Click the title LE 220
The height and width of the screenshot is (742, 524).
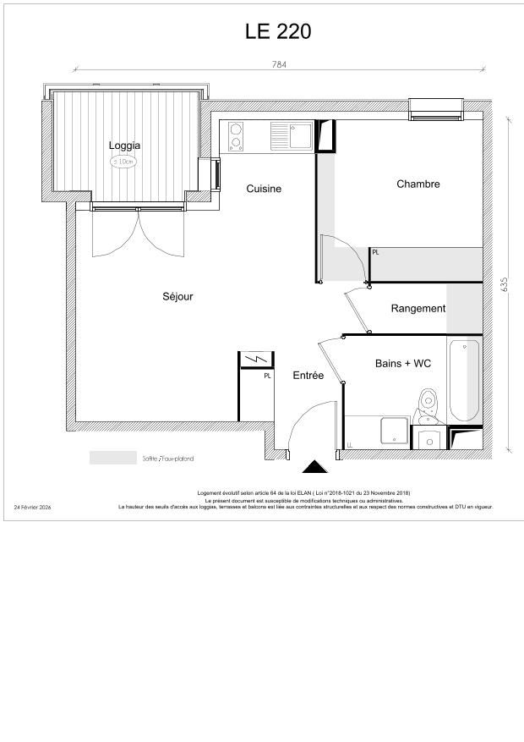278,31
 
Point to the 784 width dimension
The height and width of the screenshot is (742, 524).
278,64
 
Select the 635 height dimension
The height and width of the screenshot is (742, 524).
505,284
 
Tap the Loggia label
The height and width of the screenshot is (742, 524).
124,146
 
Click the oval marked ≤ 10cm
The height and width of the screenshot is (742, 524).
123,161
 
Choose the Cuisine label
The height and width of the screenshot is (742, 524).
264,189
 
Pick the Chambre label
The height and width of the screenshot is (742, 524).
418,184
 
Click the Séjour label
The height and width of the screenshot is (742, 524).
177,296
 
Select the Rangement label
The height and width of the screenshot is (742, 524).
418,309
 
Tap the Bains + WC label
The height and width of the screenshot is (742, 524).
403,363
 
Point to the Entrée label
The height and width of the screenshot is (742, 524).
308,375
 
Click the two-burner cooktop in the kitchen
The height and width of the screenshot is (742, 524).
236,136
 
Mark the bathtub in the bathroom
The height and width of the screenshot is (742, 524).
464,380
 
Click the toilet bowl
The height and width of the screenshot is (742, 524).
428,402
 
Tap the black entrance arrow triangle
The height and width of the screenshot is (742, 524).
315,467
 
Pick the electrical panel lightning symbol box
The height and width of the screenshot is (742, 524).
254,360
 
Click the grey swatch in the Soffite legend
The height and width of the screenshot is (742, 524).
113,458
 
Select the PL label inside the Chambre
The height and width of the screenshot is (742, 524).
375,252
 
